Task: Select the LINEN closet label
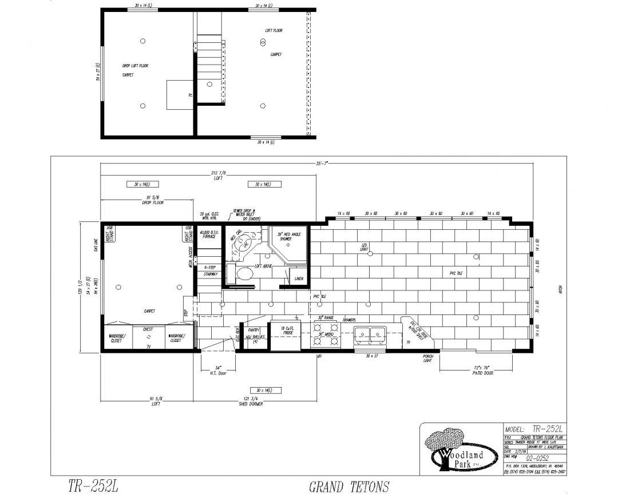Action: coord(299,278)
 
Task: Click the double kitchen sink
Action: coord(369,333)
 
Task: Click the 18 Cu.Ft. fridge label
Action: coord(286,329)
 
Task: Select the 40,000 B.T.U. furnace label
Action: coord(208,234)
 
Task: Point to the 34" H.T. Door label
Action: coord(218,370)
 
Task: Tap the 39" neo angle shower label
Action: coord(288,236)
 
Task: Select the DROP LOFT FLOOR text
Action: coord(135,66)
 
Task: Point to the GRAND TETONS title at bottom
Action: coord(349,487)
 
